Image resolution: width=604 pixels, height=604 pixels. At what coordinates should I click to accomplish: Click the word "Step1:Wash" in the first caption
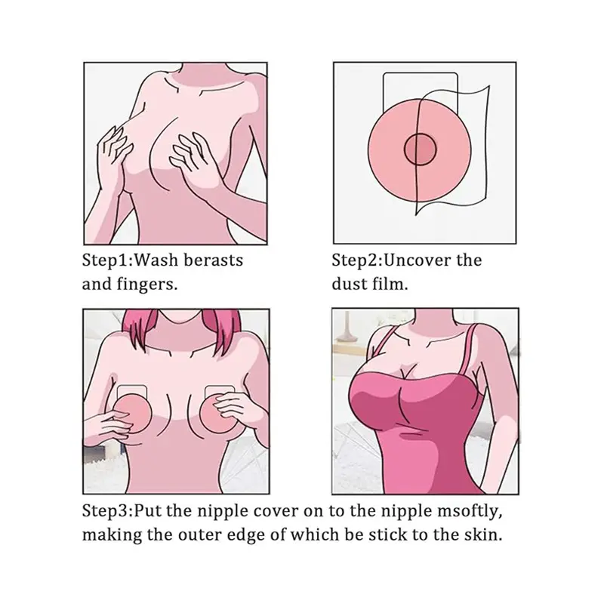pos(130,260)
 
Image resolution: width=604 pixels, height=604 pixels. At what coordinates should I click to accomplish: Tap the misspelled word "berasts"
pos(214,260)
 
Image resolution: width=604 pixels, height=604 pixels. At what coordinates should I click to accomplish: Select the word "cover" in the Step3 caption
pos(276,512)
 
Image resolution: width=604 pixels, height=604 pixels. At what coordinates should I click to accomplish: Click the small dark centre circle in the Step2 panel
pos(421,149)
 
